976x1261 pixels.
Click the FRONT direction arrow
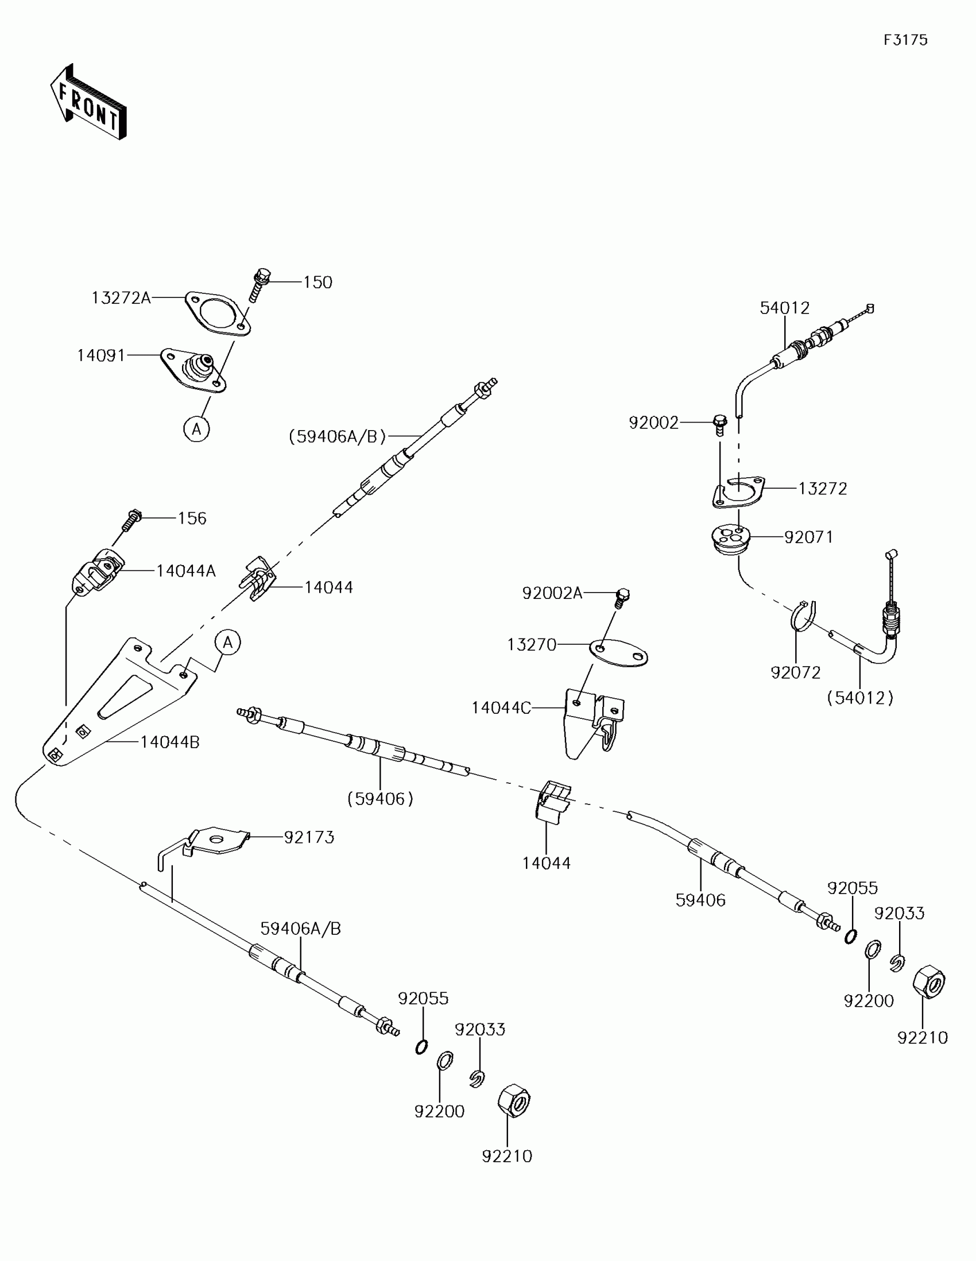pyautogui.click(x=88, y=103)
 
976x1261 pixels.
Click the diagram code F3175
pyautogui.click(x=905, y=40)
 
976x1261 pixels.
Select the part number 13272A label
pyautogui.click(x=121, y=298)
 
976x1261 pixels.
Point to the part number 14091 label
pyautogui.click(x=101, y=355)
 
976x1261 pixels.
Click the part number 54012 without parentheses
pyautogui.click(x=784, y=308)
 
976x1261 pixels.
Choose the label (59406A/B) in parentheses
pyautogui.click(x=337, y=436)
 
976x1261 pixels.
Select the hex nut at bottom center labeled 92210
pyautogui.click(x=513, y=1100)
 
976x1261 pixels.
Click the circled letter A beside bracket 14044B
pyautogui.click(x=228, y=642)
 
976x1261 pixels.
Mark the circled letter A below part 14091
pyautogui.click(x=196, y=429)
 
